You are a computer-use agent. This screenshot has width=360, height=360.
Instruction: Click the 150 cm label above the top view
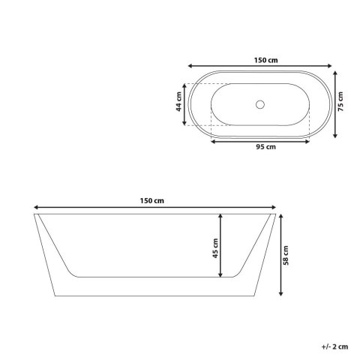[x=265, y=60]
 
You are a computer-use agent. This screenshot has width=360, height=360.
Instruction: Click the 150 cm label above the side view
[x=151, y=201]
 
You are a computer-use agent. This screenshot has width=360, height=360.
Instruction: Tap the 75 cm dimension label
[x=340, y=102]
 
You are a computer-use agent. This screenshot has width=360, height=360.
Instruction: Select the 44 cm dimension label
[x=178, y=102]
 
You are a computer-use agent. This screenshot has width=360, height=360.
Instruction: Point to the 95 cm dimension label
[x=265, y=147]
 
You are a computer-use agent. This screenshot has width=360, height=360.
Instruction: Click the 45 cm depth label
[x=215, y=248]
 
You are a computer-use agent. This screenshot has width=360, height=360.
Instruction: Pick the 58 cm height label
[x=286, y=255]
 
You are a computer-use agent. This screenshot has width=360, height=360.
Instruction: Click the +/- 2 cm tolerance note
[x=334, y=346]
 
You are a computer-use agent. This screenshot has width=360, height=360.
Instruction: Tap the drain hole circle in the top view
[x=260, y=104]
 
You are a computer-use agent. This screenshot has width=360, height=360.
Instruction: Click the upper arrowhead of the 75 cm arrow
[x=335, y=73]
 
